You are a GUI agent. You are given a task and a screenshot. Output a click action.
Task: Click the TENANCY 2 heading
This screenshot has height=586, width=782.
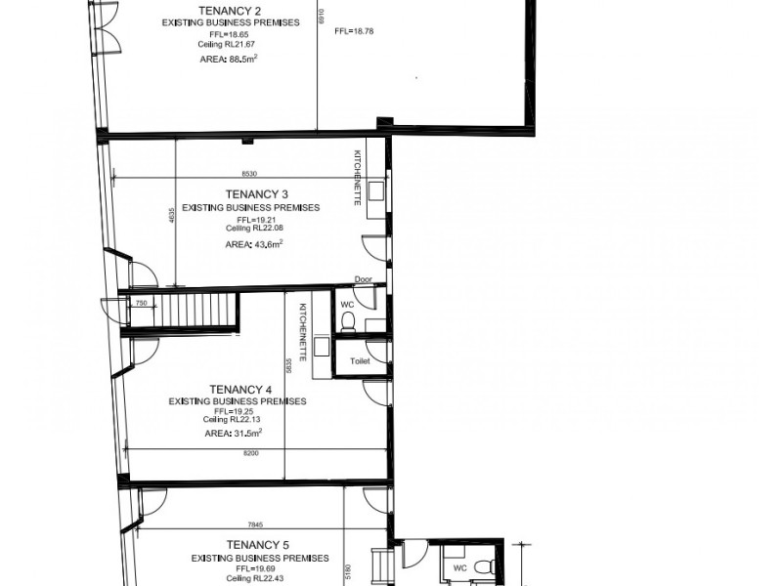click(232, 12)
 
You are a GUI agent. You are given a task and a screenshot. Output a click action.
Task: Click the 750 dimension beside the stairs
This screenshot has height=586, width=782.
click(141, 304)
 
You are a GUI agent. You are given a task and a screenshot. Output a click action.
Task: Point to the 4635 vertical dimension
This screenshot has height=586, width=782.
click(171, 217)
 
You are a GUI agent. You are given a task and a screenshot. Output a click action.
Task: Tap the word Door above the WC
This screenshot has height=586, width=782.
click(364, 279)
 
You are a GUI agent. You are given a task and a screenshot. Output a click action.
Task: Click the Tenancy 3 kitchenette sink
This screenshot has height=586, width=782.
click(375, 188)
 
